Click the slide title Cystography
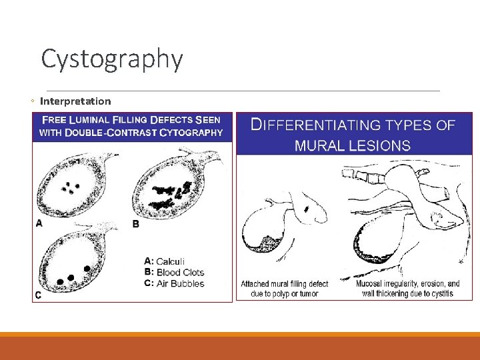click(111, 59)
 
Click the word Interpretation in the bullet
click(75, 101)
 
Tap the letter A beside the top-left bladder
click(39, 223)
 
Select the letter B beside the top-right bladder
click(136, 224)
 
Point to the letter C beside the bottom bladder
click(39, 295)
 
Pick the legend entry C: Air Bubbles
click(174, 283)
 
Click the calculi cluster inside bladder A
click(70, 186)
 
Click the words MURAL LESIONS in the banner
click(353, 145)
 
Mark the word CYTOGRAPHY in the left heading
click(191, 132)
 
